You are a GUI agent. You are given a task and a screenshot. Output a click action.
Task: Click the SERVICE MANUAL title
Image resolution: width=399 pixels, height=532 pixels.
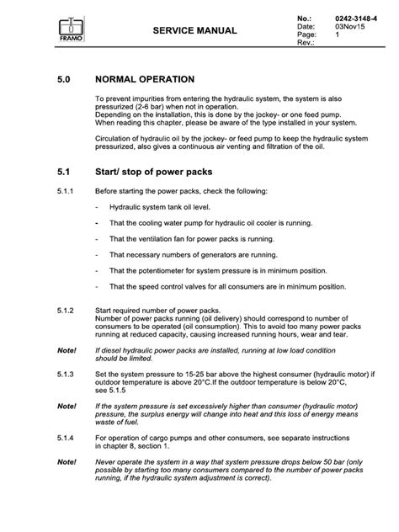[x=195, y=30]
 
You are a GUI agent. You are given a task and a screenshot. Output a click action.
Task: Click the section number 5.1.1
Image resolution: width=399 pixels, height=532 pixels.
[x=66, y=190]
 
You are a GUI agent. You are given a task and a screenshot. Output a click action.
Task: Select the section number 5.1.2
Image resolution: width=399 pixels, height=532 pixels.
[x=66, y=311]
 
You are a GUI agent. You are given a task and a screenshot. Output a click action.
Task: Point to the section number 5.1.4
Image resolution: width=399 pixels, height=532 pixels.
[x=66, y=438]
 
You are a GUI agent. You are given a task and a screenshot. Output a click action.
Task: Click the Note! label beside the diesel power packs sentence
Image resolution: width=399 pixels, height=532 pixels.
[x=66, y=348]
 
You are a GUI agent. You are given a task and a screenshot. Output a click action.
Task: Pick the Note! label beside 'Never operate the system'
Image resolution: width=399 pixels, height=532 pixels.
[x=66, y=462]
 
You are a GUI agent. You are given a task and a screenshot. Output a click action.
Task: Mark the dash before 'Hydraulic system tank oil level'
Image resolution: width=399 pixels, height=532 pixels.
[x=98, y=209]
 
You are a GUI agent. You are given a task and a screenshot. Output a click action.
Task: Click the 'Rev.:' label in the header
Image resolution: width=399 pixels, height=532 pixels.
[x=305, y=43]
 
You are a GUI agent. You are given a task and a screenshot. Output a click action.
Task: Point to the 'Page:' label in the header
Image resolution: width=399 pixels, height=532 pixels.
[x=306, y=35]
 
